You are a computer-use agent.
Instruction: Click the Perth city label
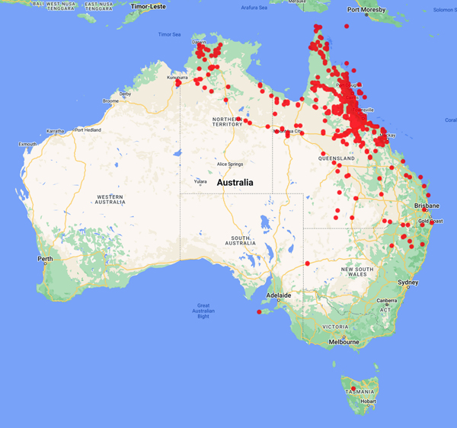point(45,259)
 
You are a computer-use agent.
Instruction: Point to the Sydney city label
point(408,283)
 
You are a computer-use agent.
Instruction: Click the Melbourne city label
point(344,342)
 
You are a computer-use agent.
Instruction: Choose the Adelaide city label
point(278,295)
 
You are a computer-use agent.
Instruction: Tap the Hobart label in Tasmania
point(368,401)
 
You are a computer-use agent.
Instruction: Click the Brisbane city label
point(427,206)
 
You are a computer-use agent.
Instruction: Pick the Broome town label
point(111,101)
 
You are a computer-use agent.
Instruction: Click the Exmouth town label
point(27,143)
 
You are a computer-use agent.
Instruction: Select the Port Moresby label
point(364,11)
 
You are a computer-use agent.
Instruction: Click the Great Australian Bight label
point(203,311)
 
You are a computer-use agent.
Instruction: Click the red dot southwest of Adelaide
point(260,311)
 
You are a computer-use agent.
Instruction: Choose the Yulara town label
point(200,181)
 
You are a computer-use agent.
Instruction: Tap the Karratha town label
point(56,131)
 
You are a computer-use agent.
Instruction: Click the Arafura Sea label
point(254,8)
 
